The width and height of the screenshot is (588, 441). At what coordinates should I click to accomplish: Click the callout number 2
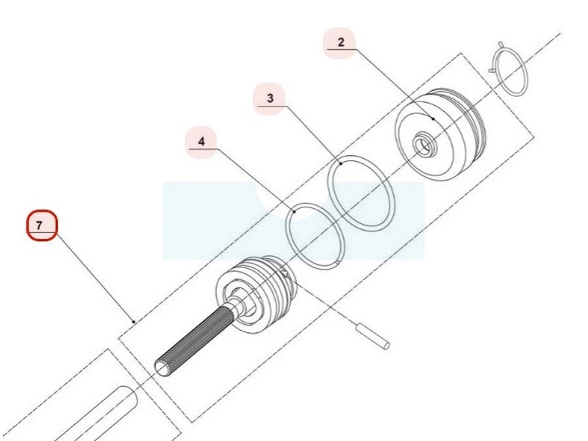point(340,43)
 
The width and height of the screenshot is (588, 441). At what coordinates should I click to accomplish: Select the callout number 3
point(270,98)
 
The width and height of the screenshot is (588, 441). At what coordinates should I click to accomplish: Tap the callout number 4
point(201,142)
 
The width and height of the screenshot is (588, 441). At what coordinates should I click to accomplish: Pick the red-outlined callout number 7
point(40,226)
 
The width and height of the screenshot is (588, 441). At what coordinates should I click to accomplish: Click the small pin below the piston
point(373,336)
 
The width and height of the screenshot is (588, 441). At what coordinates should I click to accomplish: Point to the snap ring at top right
point(509,68)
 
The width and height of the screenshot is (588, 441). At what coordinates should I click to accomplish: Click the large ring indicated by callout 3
point(361,193)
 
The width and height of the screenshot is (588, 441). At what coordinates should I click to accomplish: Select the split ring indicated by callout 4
point(315,236)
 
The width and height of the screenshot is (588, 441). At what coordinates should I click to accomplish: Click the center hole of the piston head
point(424,143)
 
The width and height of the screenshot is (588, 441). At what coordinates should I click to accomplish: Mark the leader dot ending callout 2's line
point(433,118)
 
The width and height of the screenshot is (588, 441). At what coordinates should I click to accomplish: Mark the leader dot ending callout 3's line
point(341,163)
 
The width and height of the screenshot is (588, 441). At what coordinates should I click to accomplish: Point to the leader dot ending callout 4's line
point(295,212)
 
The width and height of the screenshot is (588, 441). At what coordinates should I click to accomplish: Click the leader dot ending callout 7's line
point(134,321)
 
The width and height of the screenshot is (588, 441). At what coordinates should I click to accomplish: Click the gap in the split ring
point(339,261)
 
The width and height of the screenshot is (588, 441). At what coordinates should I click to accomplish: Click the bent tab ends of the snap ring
point(495,57)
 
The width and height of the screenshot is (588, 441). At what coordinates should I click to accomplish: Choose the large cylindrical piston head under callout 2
point(440,135)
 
